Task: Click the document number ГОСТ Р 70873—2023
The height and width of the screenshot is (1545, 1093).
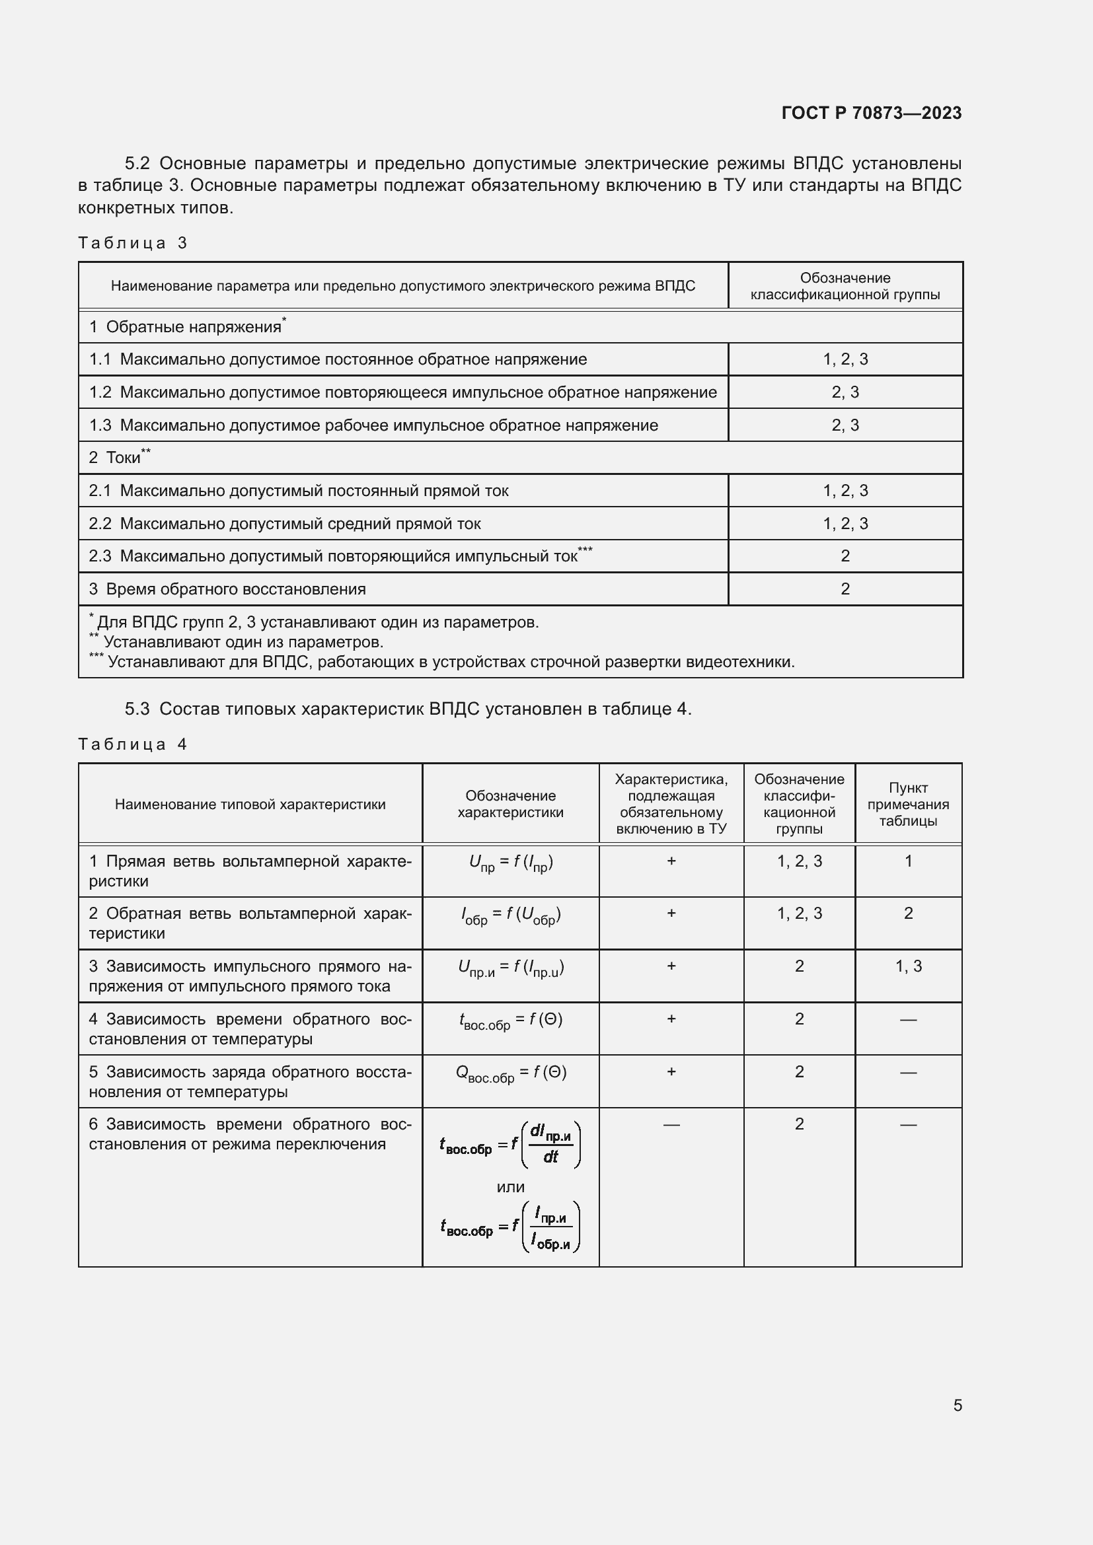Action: (x=871, y=113)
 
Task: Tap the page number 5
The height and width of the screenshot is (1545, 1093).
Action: (x=957, y=1406)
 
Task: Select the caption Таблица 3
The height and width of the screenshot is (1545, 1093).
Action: (x=133, y=243)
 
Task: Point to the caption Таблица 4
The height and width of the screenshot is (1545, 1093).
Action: (x=133, y=744)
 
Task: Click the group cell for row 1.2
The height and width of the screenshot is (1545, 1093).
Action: (x=845, y=392)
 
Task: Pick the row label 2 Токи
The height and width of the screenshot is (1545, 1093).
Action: (x=120, y=458)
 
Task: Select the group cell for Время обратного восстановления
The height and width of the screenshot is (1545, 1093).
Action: (x=845, y=589)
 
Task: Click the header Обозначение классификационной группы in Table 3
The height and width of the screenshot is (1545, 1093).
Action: (x=845, y=286)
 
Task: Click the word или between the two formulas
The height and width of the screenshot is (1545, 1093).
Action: (x=511, y=1187)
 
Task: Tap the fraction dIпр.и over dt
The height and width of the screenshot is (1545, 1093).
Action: (x=550, y=1145)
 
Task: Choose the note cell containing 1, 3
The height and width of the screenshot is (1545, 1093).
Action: (x=908, y=966)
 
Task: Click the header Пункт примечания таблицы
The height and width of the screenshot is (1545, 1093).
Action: (x=908, y=804)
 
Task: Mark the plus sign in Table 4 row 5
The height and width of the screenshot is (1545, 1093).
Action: (x=671, y=1072)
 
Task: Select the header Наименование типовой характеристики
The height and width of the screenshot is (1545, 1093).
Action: (x=250, y=804)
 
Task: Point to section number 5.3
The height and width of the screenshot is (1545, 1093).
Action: (x=137, y=709)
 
